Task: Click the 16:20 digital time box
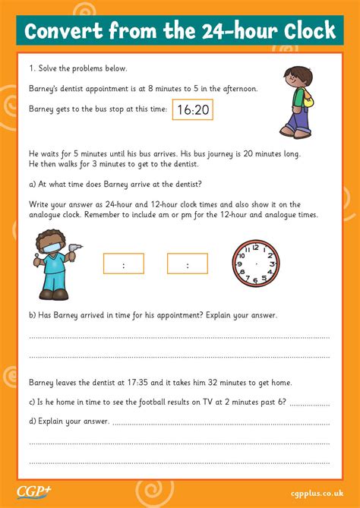(192, 110)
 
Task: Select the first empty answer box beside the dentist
(123, 264)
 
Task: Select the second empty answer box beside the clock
(187, 264)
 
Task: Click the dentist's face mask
(49, 248)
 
